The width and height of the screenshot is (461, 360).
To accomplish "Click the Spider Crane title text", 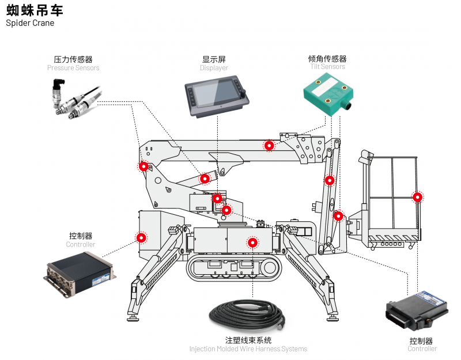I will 30,23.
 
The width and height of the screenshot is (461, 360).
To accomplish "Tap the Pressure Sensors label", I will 73,68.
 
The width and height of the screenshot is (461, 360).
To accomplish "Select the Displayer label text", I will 214,68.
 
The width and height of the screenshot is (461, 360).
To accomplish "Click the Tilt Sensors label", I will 327,67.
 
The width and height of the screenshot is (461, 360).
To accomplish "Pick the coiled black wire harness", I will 248,316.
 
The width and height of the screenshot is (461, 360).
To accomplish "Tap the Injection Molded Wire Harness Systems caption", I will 248,349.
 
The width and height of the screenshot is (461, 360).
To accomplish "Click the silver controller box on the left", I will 81,271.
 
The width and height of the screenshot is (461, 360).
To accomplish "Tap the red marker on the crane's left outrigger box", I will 141,237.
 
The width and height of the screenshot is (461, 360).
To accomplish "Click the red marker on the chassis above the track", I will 252,242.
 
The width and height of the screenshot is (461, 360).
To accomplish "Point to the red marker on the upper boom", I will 269,145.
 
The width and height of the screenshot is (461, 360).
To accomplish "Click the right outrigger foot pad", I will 332,316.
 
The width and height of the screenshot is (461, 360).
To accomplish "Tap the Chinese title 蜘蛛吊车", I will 35,10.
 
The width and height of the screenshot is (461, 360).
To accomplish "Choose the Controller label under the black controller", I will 422,349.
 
